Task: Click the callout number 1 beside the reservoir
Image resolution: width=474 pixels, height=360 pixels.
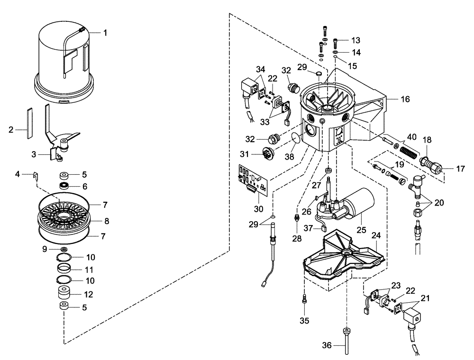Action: point(105,33)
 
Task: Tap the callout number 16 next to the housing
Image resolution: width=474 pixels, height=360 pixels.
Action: point(404,99)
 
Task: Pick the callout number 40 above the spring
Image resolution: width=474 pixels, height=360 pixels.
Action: point(412,137)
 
